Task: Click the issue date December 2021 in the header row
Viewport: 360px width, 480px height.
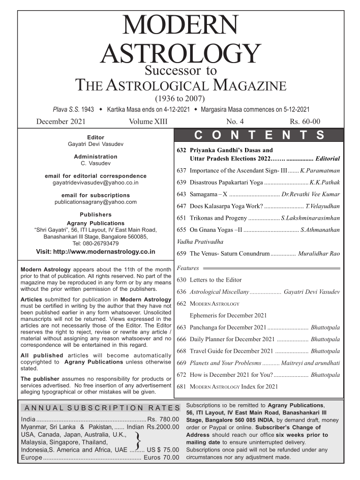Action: [x=61, y=122]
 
